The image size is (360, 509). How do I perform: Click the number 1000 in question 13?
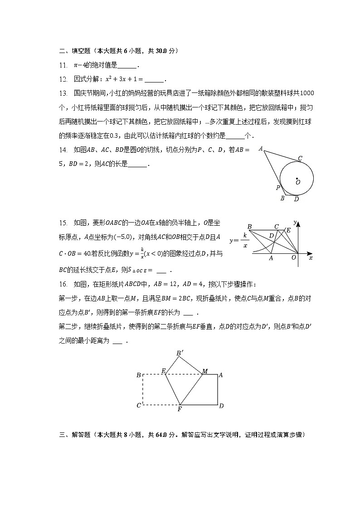point(307,93)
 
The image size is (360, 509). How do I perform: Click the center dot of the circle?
point(297,179)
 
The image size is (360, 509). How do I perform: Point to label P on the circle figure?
point(277,188)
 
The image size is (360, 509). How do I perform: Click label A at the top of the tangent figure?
point(261,148)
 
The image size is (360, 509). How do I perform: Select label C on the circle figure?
point(300,158)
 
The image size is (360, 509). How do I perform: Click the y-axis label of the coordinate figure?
point(295,223)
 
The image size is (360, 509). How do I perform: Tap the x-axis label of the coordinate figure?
point(311,257)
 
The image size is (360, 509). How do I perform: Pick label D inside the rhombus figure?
point(271,236)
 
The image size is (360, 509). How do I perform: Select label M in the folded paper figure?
point(205,371)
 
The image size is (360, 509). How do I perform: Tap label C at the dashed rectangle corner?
point(139,405)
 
